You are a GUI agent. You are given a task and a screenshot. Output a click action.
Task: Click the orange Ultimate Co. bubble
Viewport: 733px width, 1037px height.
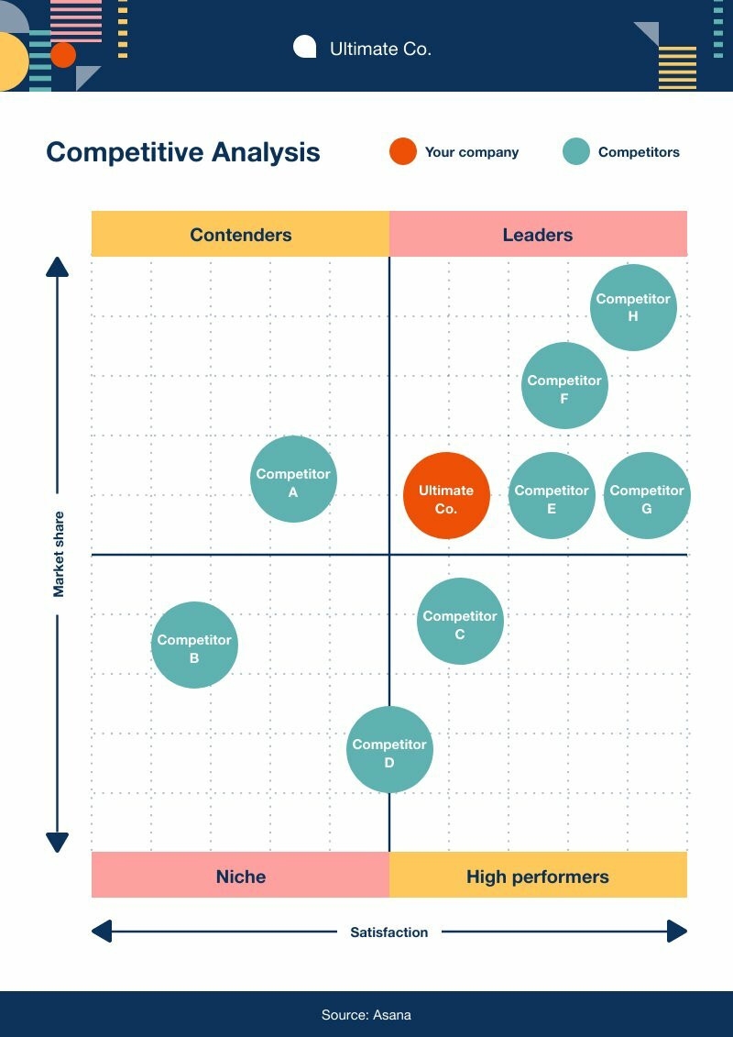(x=446, y=496)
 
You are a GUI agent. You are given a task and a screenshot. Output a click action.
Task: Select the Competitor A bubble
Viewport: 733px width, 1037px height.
(x=293, y=480)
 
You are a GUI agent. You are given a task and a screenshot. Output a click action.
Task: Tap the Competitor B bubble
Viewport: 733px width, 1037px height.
(x=194, y=645)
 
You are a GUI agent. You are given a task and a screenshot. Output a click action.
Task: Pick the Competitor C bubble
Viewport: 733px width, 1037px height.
(x=460, y=621)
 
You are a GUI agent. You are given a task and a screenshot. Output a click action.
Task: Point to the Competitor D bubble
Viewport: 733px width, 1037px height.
(x=389, y=749)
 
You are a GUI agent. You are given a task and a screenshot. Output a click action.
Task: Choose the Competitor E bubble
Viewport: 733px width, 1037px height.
(x=552, y=496)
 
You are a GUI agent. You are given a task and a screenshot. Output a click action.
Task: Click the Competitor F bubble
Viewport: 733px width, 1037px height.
(x=564, y=386)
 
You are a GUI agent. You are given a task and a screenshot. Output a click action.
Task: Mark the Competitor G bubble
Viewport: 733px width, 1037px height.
(x=647, y=496)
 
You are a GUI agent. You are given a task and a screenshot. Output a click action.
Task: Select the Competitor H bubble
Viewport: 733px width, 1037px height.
(x=633, y=307)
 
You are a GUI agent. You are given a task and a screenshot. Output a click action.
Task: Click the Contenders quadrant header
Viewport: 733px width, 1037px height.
(x=241, y=235)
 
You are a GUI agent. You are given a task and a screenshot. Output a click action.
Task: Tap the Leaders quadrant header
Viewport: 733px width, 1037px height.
(x=538, y=235)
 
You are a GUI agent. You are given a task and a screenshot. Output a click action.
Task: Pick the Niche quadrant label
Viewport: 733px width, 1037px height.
(x=241, y=877)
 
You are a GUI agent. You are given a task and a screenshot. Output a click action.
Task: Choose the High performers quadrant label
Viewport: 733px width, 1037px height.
(x=538, y=877)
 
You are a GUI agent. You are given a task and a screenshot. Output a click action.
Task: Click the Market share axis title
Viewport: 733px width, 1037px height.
(x=59, y=554)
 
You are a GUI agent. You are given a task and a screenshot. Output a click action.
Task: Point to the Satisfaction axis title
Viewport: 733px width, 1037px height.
(x=389, y=932)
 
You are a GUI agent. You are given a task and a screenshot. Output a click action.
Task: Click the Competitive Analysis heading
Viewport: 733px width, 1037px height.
(x=183, y=152)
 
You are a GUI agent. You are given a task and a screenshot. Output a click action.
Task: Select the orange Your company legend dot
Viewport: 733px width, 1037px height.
(x=402, y=152)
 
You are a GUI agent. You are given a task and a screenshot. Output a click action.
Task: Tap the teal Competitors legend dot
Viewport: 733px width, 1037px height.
(x=576, y=152)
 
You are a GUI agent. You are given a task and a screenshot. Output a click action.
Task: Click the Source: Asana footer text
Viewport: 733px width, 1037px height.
(x=366, y=1015)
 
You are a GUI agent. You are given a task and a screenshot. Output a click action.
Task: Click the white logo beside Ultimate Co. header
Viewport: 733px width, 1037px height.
(x=304, y=47)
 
